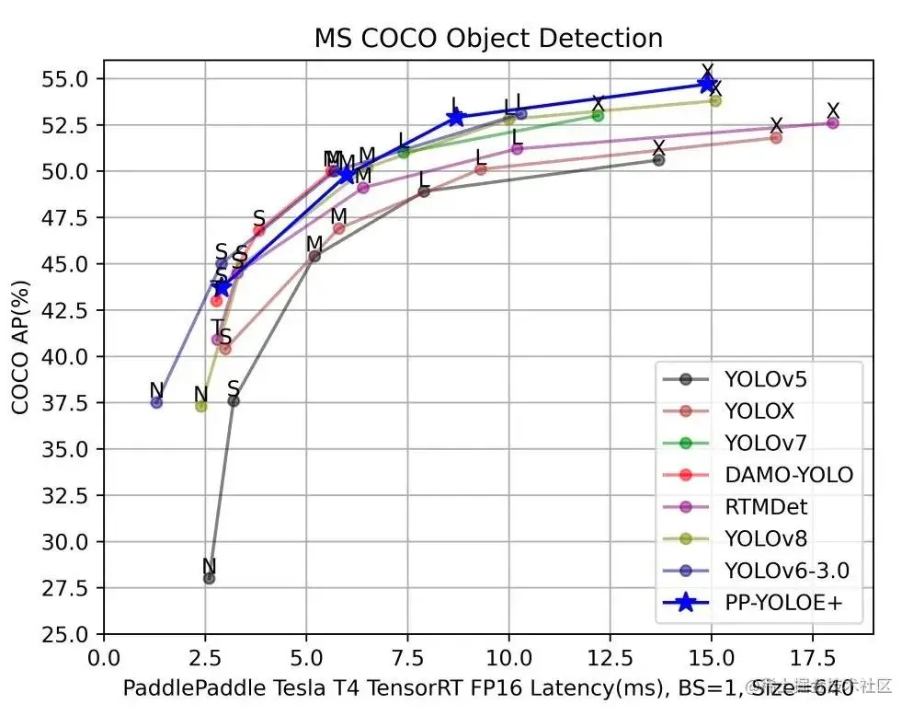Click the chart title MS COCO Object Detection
pos(488,39)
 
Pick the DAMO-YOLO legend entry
pos(788,475)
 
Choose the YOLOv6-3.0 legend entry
pos(786,571)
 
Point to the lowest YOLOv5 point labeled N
pos(209,578)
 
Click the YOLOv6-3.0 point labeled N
pos(156,402)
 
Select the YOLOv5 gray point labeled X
pos(658,159)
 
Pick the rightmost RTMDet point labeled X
pos(833,122)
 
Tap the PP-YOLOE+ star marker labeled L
pos(456,118)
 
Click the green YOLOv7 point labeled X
pos(598,115)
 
